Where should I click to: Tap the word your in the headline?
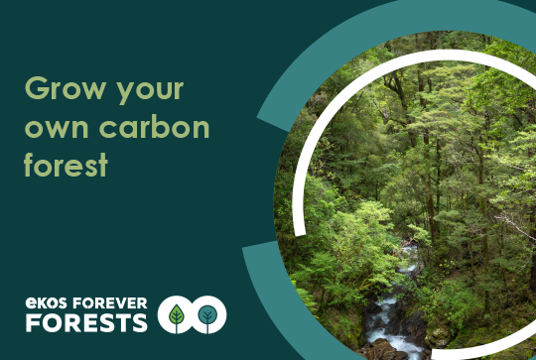point(148,92)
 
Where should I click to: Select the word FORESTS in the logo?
point(86,322)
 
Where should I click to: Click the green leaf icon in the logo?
point(177,315)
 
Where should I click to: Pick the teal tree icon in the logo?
point(208,315)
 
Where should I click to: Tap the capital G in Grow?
point(36,90)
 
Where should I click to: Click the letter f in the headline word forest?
point(29,164)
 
